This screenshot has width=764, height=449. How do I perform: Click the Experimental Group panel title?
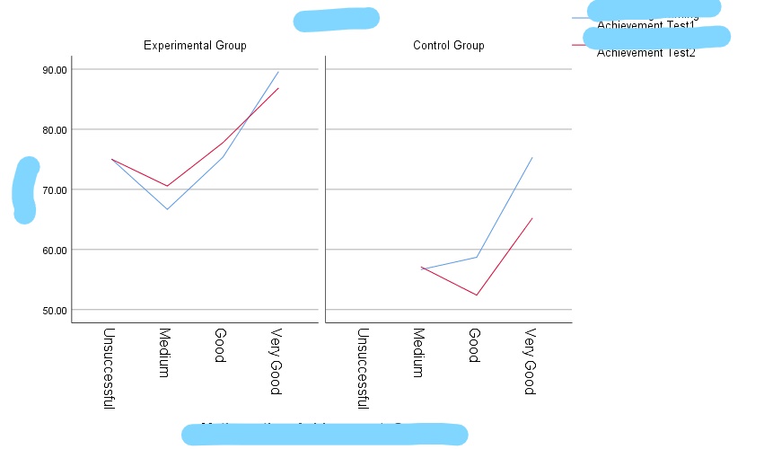[x=195, y=46]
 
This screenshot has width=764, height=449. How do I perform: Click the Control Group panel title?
[x=448, y=46]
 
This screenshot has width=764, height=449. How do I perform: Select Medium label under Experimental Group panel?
[x=164, y=353]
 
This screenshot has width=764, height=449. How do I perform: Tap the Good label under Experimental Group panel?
[x=219, y=346]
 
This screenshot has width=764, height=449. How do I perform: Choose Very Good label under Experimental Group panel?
[x=276, y=362]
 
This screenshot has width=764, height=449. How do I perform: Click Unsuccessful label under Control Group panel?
[x=364, y=369]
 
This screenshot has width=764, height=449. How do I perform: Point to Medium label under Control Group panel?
[x=417, y=353]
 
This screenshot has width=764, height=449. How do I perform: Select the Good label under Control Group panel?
[x=473, y=346]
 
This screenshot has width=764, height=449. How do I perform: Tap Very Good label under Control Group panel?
[x=529, y=362]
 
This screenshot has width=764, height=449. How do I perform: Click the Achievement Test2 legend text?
[x=646, y=52]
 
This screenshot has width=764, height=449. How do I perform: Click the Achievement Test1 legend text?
[x=646, y=24]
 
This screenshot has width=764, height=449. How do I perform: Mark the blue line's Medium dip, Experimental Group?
[x=166, y=209]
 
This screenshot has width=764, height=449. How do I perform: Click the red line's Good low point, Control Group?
[x=477, y=295]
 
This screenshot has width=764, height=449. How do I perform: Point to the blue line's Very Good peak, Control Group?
[x=532, y=158]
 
